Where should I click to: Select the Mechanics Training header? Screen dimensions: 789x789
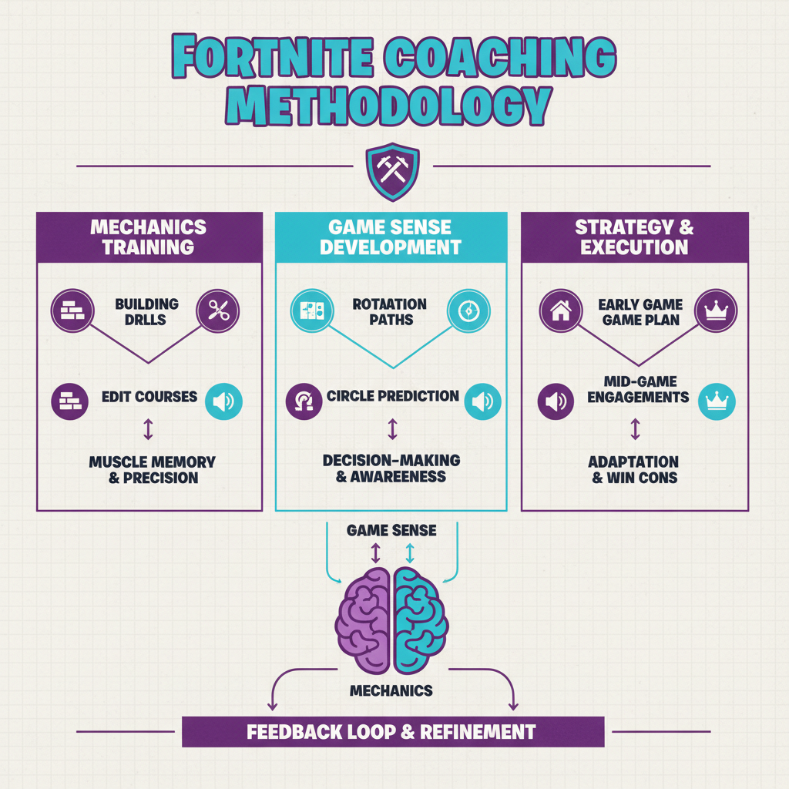pyautogui.click(x=148, y=237)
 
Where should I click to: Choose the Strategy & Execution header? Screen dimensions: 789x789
pyautogui.click(x=635, y=237)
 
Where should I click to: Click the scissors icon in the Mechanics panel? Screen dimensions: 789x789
pyautogui.click(x=219, y=311)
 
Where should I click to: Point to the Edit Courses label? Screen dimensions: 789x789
pyautogui.click(x=149, y=398)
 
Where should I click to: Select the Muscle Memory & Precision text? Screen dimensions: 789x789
pyautogui.click(x=153, y=469)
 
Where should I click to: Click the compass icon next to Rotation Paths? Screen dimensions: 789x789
pyautogui.click(x=468, y=311)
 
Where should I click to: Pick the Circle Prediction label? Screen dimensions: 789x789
pyautogui.click(x=393, y=397)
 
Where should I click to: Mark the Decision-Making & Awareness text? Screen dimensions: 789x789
pyautogui.click(x=391, y=468)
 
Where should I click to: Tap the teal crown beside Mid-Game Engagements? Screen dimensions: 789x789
pyautogui.click(x=717, y=401)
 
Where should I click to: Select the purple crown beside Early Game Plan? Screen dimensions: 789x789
pyautogui.click(x=717, y=311)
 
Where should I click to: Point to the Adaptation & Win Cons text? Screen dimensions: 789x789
pyautogui.click(x=635, y=469)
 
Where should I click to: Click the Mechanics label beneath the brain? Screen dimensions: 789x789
pyautogui.click(x=391, y=690)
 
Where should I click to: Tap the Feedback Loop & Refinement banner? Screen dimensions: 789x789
pyautogui.click(x=392, y=731)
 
